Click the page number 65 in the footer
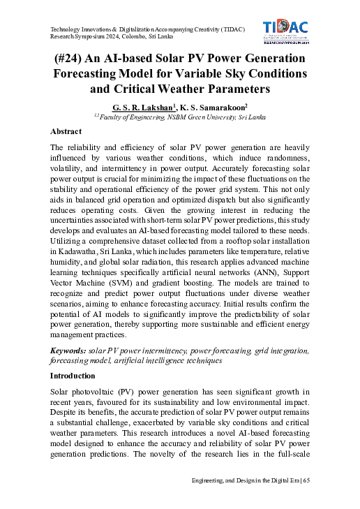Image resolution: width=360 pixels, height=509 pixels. (x=306, y=480)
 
